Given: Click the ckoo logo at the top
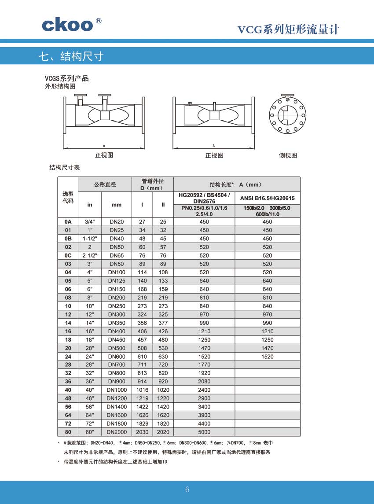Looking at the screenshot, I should pos(68,25).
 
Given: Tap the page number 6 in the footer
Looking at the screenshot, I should pos(187,490).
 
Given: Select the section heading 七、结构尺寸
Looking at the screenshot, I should pos(71,56).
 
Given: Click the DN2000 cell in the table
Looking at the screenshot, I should pos(117,432).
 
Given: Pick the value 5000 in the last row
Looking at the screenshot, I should pos(204,432).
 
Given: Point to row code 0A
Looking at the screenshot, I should pos(68,222).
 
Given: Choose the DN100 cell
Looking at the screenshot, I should pos(117,272).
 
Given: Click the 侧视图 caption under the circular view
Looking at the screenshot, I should pos(288,155).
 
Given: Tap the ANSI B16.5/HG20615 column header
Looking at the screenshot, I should pos(267,199).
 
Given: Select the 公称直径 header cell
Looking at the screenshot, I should pos(105,184).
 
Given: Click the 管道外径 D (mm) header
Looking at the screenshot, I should pos(152,184).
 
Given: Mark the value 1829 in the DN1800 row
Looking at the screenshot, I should pos(142,423).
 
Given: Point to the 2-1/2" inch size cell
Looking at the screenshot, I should pos(90,255).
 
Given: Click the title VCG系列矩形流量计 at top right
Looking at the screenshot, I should pos(288,29).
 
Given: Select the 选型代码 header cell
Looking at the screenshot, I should pos(68,197).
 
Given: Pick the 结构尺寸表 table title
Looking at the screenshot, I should pos(64,168).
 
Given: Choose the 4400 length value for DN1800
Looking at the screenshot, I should pos(204,423).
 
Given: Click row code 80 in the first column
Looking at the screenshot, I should pos(68,432).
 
